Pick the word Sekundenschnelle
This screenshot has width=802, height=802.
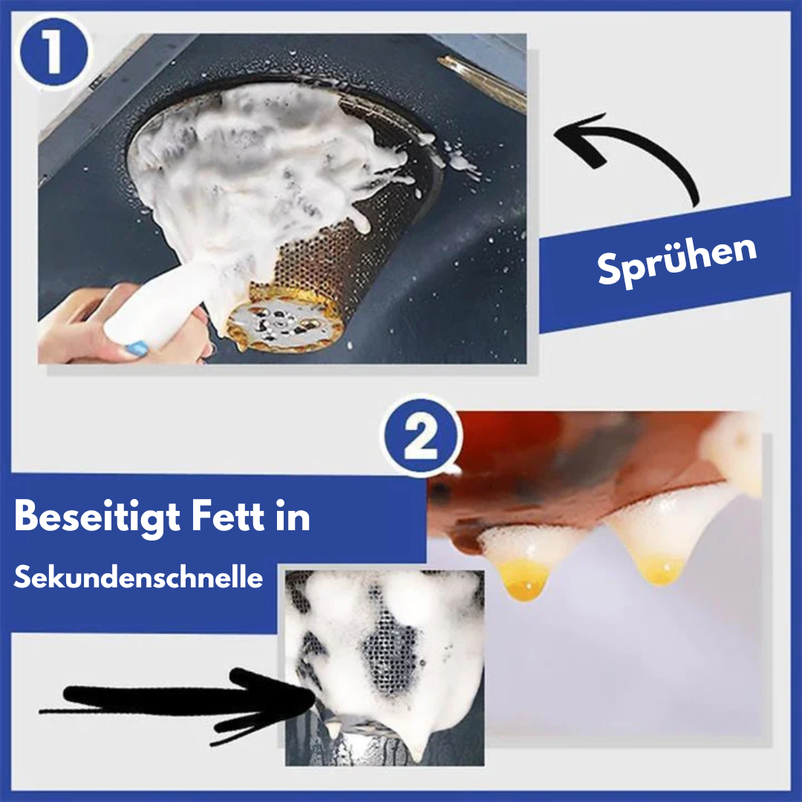[x=138, y=578]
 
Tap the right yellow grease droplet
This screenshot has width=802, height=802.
[x=660, y=570]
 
